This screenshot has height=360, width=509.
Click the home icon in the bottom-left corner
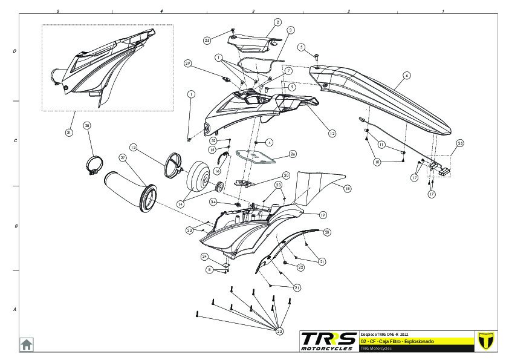click(x=26, y=344)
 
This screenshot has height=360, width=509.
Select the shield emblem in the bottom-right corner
click(x=485, y=340)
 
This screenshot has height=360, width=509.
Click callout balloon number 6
click(x=407, y=75)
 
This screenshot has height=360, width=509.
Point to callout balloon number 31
click(x=69, y=133)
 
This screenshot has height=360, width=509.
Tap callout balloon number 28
click(x=87, y=126)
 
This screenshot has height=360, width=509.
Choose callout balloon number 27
click(x=122, y=157)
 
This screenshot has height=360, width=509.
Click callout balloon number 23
click(x=279, y=331)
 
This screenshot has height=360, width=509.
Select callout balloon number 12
click(x=332, y=133)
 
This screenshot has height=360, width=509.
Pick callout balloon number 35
click(x=460, y=143)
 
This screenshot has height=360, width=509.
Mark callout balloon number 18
click(x=348, y=189)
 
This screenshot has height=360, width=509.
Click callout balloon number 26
click(x=293, y=154)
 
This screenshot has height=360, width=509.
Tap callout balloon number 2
click(x=277, y=22)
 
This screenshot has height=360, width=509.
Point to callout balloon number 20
click(x=327, y=232)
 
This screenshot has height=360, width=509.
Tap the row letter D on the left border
click(x=15, y=51)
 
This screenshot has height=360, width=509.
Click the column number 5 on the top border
click(x=57, y=11)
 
